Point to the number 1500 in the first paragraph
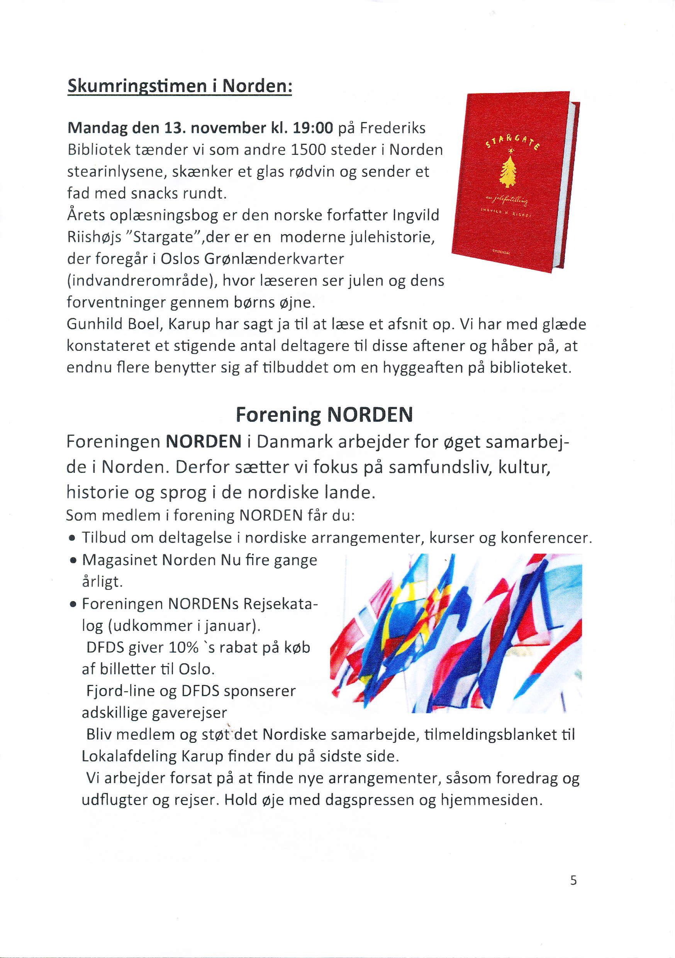(x=307, y=150)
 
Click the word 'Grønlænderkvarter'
(x=275, y=259)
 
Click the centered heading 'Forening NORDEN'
(x=324, y=414)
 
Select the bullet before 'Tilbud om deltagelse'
(x=73, y=538)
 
